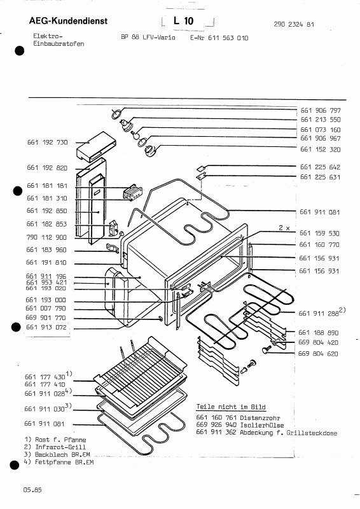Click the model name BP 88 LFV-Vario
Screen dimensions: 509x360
pos(148,38)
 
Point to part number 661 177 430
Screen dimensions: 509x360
pos(47,376)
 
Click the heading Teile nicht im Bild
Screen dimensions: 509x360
pos(231,406)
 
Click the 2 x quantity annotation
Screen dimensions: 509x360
pos(283,227)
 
